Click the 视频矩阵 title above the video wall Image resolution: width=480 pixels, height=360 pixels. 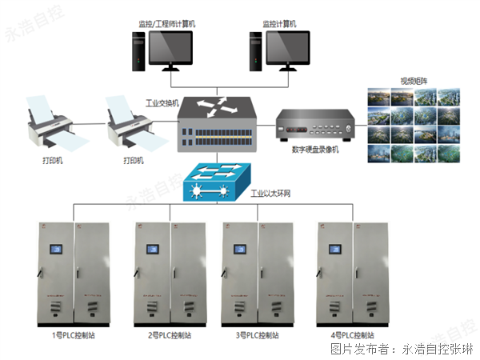[413, 81]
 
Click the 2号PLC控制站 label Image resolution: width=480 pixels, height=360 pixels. [170, 335]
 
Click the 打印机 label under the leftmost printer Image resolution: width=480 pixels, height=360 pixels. [54, 160]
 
